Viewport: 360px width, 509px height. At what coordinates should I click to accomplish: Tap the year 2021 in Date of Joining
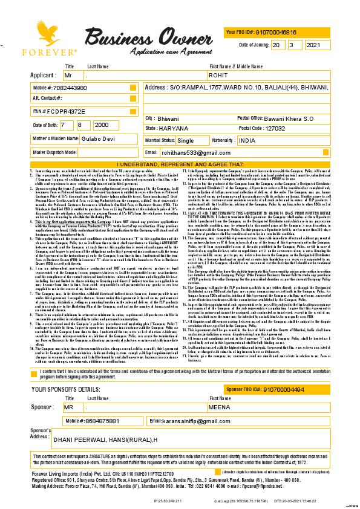315,45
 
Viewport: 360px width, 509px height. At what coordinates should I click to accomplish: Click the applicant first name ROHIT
217,75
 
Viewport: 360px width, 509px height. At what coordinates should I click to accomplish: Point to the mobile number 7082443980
70,88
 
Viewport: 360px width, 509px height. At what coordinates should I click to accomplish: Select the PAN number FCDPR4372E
65,112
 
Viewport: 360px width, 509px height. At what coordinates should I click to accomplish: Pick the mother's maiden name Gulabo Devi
83,138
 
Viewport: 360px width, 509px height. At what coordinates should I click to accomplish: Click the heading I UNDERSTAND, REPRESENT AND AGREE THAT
180,164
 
